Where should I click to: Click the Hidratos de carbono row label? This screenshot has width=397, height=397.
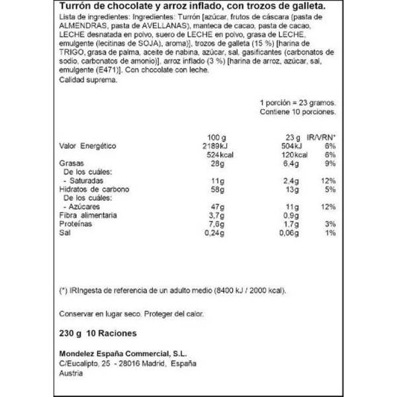coord(93,189)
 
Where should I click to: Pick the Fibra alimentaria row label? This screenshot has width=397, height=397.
coord(88,215)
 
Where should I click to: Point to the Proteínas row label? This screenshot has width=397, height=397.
coord(77,224)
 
